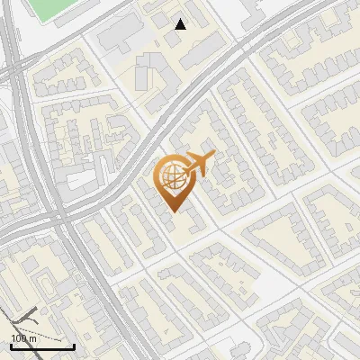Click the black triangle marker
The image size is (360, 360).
(181, 24)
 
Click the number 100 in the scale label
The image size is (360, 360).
(19, 337)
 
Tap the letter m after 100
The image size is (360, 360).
(31, 337)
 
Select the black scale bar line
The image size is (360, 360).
(42, 346)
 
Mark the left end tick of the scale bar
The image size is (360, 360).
(12, 345)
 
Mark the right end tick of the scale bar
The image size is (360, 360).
(74, 345)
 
